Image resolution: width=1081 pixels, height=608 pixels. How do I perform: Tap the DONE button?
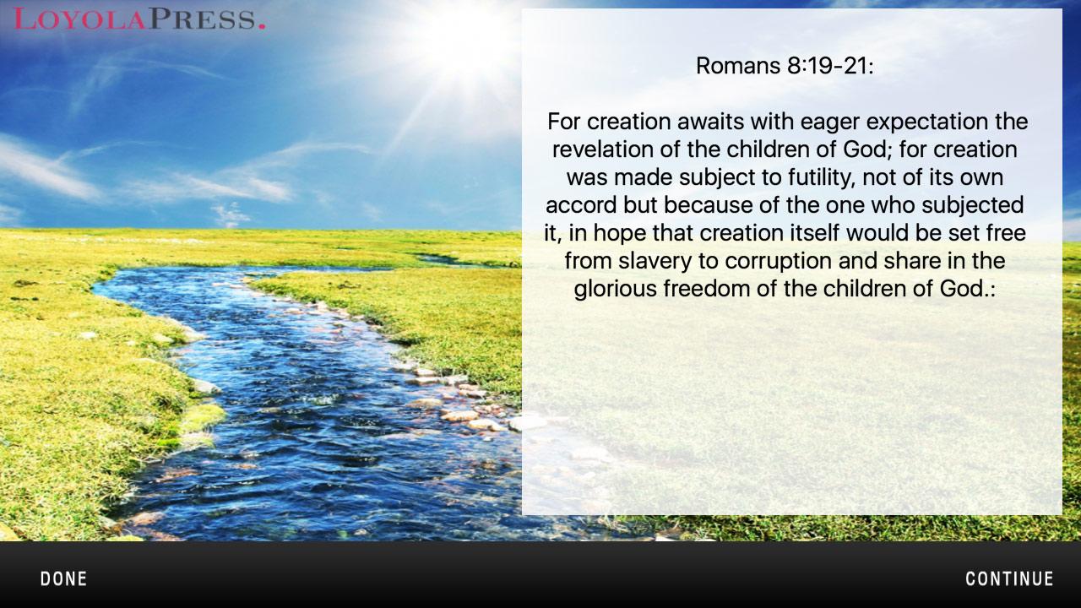pyautogui.click(x=63, y=578)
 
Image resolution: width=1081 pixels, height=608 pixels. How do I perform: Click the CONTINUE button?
pyautogui.click(x=1009, y=578)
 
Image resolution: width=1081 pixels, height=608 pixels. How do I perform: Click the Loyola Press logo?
pyautogui.click(x=139, y=19)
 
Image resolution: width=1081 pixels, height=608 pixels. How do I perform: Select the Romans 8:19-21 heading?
pyautogui.click(x=785, y=66)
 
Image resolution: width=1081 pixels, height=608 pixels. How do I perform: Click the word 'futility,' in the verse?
pyautogui.click(x=822, y=177)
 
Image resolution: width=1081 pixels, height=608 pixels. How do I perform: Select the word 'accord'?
pyautogui.click(x=581, y=205)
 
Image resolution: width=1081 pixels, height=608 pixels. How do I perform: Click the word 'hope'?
pyautogui.click(x=620, y=234)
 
